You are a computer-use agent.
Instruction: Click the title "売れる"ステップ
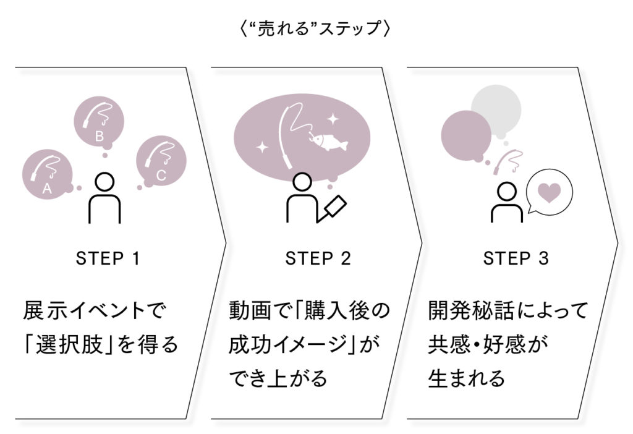[316, 29]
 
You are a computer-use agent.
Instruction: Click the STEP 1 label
[108, 259]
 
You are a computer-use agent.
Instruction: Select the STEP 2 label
[318, 259]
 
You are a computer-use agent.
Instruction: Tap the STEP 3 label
[516, 259]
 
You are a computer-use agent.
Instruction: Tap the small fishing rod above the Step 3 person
[510, 160]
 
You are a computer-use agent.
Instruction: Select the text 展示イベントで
[95, 310]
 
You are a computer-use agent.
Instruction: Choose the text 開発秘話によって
[508, 310]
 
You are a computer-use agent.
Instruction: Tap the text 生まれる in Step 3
[466, 378]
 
